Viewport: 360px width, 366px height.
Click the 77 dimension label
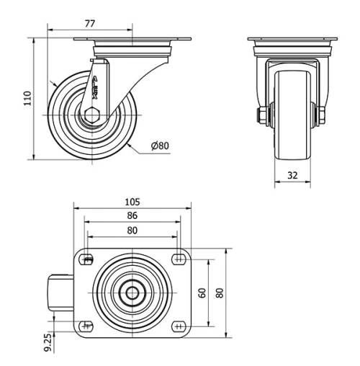tap(90, 24)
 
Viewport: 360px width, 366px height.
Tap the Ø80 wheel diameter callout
tap(160, 146)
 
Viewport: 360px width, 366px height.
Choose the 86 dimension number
tap(132, 215)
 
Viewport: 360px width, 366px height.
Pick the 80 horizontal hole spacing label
tap(132, 231)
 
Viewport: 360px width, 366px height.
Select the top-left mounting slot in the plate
tap(88, 260)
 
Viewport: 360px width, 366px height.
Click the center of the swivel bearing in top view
tap(132, 293)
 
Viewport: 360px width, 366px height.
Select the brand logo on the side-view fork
tap(97, 86)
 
